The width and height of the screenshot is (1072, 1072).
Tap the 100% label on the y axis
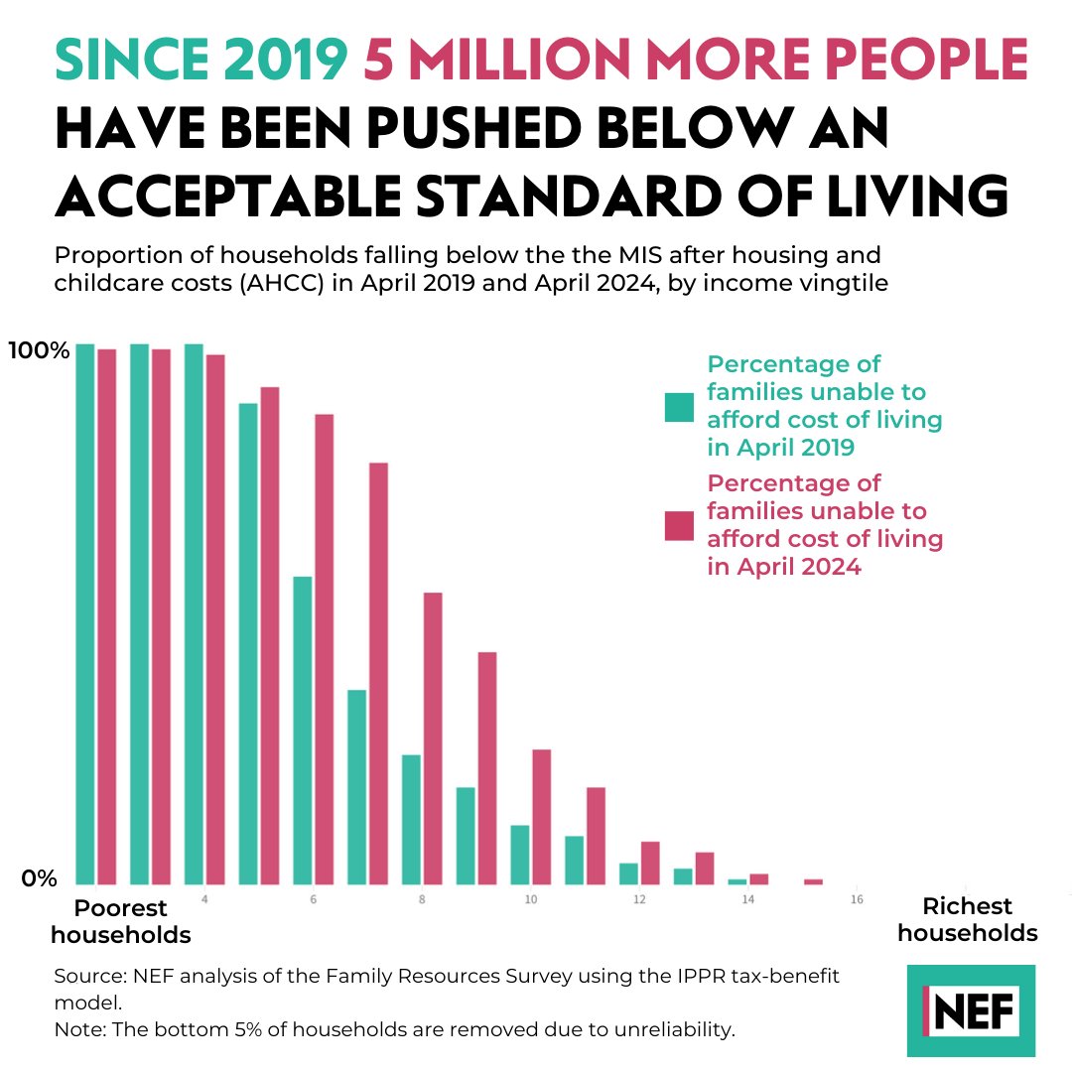(x=39, y=350)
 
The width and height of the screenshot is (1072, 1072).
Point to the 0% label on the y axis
(x=40, y=878)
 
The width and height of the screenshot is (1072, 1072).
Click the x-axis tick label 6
(x=313, y=900)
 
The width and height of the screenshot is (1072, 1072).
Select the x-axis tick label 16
(x=857, y=900)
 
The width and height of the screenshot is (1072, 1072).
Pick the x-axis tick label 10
(x=531, y=900)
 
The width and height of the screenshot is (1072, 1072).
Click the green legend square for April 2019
(x=679, y=406)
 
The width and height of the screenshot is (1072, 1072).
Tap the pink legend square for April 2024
(x=679, y=526)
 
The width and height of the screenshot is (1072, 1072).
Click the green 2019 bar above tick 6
(x=303, y=730)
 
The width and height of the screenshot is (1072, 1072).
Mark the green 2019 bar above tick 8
(x=411, y=819)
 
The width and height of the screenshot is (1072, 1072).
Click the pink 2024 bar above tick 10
(x=541, y=816)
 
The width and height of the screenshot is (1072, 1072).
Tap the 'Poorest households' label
(x=121, y=921)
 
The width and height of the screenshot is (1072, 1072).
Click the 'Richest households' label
(x=968, y=919)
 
